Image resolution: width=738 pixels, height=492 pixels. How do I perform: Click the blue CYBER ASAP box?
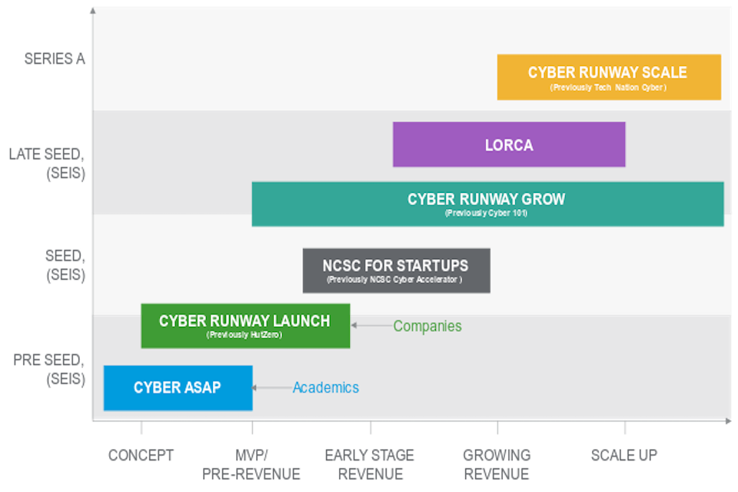point(178,387)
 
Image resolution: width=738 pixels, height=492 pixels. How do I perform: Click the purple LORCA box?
point(508,145)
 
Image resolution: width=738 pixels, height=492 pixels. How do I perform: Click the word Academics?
point(325,387)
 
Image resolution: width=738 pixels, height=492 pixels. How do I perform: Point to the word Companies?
point(427,326)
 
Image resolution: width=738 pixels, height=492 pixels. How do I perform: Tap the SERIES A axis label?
point(54,59)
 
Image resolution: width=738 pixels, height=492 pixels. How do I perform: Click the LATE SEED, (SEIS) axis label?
point(48,163)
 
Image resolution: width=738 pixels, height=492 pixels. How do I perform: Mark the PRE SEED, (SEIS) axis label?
point(49,369)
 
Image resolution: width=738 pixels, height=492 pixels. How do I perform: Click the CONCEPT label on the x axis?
point(141,455)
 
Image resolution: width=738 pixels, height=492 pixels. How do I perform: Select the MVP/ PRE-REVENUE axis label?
point(251,464)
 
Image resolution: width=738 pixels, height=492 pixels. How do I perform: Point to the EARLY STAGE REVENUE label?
point(370,464)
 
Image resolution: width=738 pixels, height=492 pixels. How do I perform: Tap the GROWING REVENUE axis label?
point(497,464)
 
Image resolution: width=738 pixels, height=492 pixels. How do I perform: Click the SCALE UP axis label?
point(623,455)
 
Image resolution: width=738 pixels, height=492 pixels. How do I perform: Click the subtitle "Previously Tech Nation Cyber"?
point(608,88)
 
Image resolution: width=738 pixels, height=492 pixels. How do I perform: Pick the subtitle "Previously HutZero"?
point(245,334)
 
